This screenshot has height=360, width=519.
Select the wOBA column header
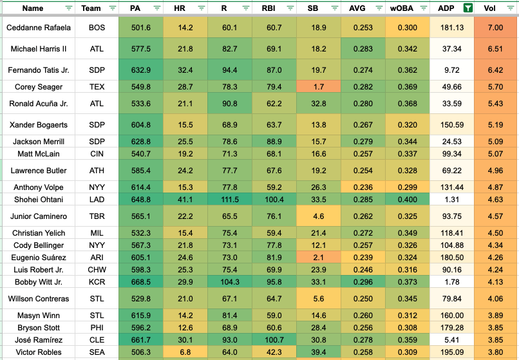[x=401, y=8]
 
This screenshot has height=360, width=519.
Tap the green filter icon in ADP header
[x=468, y=8]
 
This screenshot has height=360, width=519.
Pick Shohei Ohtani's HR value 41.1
[x=185, y=199]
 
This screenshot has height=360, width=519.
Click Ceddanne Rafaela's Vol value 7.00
[x=496, y=28]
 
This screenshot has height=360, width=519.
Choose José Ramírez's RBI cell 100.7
[x=274, y=340]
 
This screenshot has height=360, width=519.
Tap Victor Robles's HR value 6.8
[x=185, y=352]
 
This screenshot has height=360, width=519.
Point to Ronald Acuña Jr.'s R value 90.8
[x=229, y=103]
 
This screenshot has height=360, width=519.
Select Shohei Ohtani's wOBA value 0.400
[x=408, y=199]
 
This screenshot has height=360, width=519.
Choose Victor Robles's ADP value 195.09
[x=452, y=352]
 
